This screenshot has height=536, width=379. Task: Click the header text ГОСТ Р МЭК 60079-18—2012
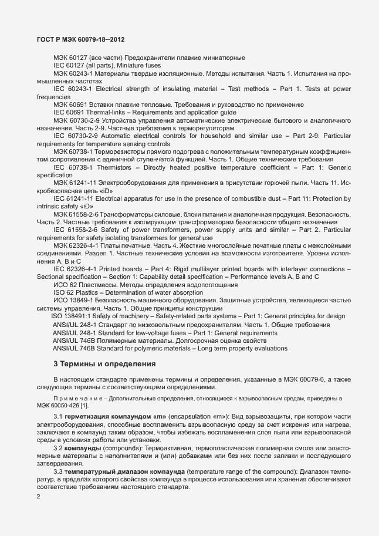[77, 39]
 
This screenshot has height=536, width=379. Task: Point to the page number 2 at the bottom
[38, 497]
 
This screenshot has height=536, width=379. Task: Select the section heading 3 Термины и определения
[104, 364]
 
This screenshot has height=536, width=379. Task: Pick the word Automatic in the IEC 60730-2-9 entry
[125, 136]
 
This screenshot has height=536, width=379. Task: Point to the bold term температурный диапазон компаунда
[123, 472]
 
